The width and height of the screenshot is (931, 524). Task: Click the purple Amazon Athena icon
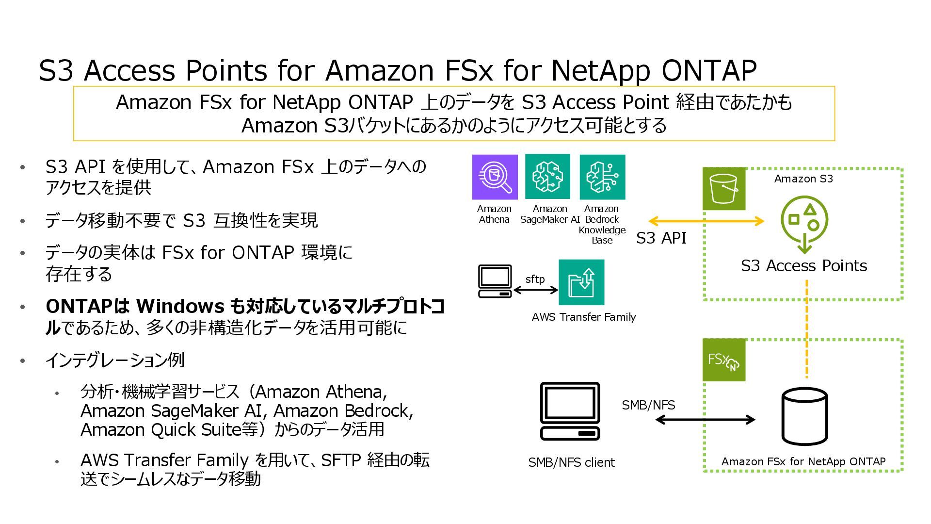pyautogui.click(x=495, y=177)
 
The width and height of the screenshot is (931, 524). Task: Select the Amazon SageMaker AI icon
pyautogui.click(x=547, y=177)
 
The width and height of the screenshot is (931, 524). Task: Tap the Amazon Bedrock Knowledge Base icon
pyautogui.click(x=602, y=177)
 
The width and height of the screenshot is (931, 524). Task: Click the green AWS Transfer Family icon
pyautogui.click(x=581, y=282)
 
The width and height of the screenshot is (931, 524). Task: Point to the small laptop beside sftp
pyautogui.click(x=495, y=281)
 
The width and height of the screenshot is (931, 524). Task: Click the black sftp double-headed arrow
pyautogui.click(x=535, y=290)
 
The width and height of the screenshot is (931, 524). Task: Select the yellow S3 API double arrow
pyautogui.click(x=706, y=221)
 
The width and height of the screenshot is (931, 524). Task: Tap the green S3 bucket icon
pyautogui.click(x=723, y=189)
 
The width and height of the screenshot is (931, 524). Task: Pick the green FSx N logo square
pyautogui.click(x=723, y=360)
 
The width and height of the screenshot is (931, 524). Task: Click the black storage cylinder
pyautogui.click(x=804, y=417)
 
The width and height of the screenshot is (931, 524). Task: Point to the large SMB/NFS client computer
pyautogui.click(x=570, y=411)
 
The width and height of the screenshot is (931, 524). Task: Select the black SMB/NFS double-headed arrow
pyautogui.click(x=705, y=420)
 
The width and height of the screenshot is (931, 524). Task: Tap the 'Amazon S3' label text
pyautogui.click(x=803, y=179)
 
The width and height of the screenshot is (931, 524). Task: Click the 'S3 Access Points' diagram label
pyautogui.click(x=803, y=266)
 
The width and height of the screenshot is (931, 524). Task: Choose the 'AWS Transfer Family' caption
pyautogui.click(x=583, y=317)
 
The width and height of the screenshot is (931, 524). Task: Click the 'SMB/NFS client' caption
pyautogui.click(x=571, y=462)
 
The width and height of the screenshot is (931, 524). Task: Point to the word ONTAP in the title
pyautogui.click(x=708, y=71)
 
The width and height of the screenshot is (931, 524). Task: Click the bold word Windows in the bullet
pyautogui.click(x=180, y=306)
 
